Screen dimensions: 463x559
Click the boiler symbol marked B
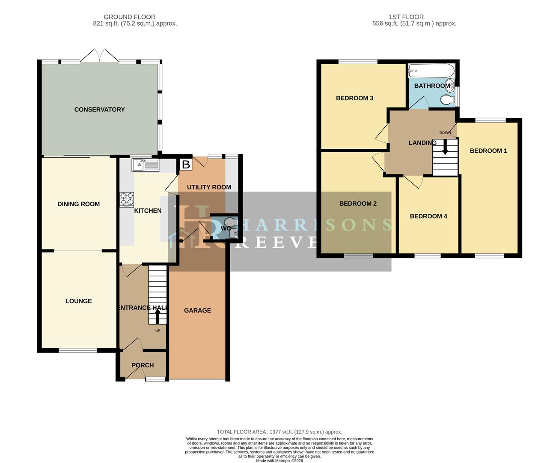pyautogui.click(x=186, y=164)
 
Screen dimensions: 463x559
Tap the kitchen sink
pyautogui.click(x=146, y=165)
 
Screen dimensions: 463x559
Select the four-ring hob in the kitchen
pyautogui.click(x=127, y=199)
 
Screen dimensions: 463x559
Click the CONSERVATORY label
pyautogui.click(x=99, y=110)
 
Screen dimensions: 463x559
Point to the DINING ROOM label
pyautogui.click(x=78, y=204)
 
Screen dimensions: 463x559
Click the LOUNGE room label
pyautogui.click(x=78, y=301)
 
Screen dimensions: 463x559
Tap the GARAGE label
pyautogui.click(x=197, y=310)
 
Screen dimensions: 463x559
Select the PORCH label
pyautogui.click(x=143, y=365)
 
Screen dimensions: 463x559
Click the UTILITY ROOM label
pyautogui.click(x=209, y=187)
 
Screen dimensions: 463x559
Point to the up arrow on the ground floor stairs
pyautogui.click(x=157, y=316)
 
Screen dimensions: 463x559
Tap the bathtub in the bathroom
pyautogui.click(x=431, y=70)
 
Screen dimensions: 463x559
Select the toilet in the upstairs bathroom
pyautogui.click(x=447, y=100)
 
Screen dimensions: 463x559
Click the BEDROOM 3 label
pyautogui.click(x=354, y=98)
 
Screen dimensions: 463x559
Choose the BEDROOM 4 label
pyautogui.click(x=428, y=216)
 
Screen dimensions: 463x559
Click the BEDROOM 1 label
pyautogui.click(x=488, y=151)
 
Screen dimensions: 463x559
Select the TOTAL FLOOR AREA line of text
pyautogui.click(x=279, y=432)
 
